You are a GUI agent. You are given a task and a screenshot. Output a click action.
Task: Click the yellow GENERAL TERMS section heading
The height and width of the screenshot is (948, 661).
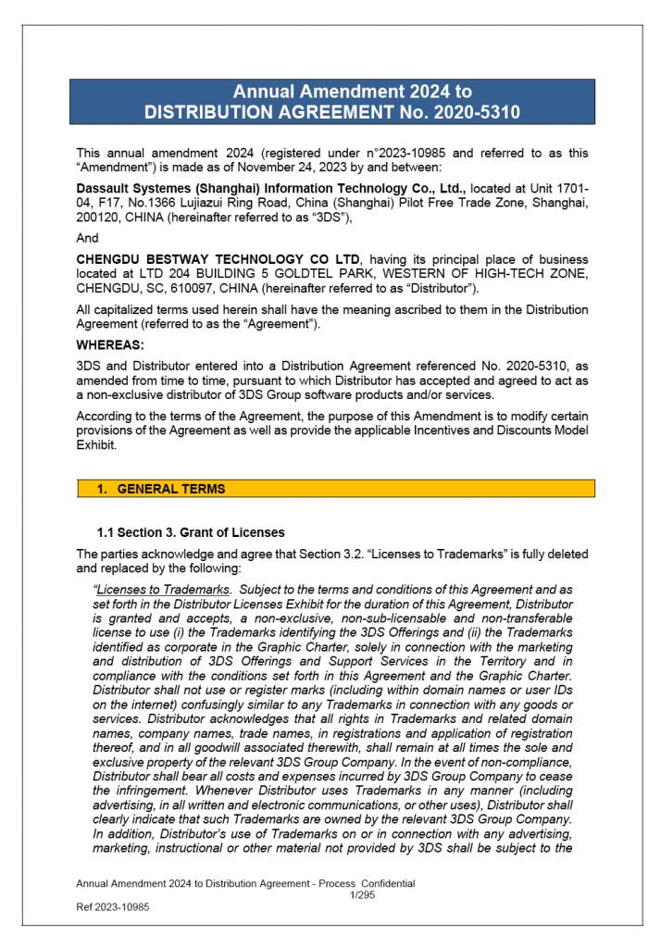pyautogui.click(x=171, y=489)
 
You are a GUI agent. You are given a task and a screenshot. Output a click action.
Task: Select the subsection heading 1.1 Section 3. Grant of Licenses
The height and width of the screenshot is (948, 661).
pyautogui.click(x=191, y=532)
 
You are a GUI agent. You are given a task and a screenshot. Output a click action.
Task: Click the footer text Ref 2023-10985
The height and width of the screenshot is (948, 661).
pyautogui.click(x=112, y=907)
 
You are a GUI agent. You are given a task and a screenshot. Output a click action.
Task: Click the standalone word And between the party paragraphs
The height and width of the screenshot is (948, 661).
pyautogui.click(x=86, y=238)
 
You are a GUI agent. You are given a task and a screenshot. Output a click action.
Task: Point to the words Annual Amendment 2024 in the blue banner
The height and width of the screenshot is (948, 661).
pyautogui.click(x=352, y=92)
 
